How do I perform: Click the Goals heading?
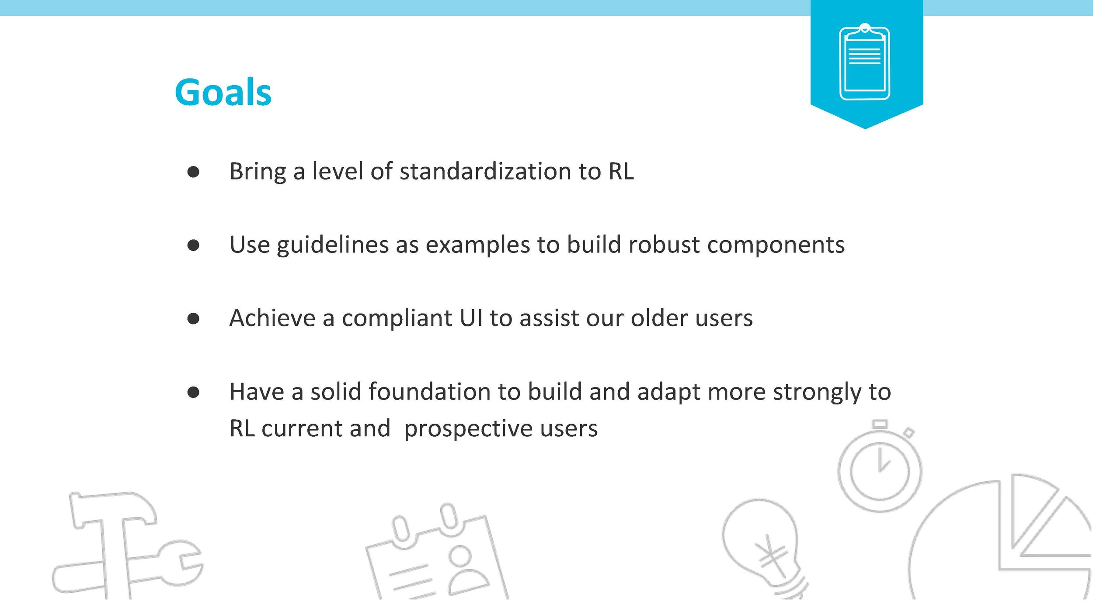point(223,92)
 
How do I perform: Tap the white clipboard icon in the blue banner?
point(865,62)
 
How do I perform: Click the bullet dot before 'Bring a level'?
point(193,172)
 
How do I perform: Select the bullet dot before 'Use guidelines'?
point(193,245)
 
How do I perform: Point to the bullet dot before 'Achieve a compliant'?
point(193,318)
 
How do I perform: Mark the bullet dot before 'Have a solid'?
point(193,392)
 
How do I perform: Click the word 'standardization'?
point(485,171)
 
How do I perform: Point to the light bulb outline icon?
point(763,548)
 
